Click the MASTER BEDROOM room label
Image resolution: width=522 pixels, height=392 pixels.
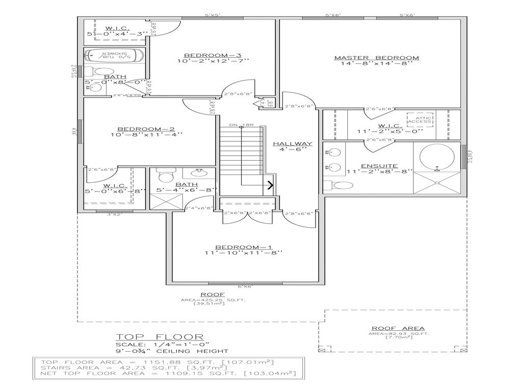pyautogui.click(x=376, y=58)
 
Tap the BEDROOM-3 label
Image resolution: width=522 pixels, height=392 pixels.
pyautogui.click(x=212, y=55)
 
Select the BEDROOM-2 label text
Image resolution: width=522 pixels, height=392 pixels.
pyautogui.click(x=146, y=129)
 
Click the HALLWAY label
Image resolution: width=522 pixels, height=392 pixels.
pyautogui.click(x=292, y=144)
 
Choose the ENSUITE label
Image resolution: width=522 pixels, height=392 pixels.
pyautogui.click(x=379, y=166)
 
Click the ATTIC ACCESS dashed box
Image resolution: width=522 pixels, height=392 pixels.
pyautogui.click(x=420, y=120)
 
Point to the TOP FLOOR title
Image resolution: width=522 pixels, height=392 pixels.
pyautogui.click(x=160, y=337)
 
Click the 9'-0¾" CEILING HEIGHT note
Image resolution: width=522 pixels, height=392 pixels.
pyautogui.click(x=171, y=351)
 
